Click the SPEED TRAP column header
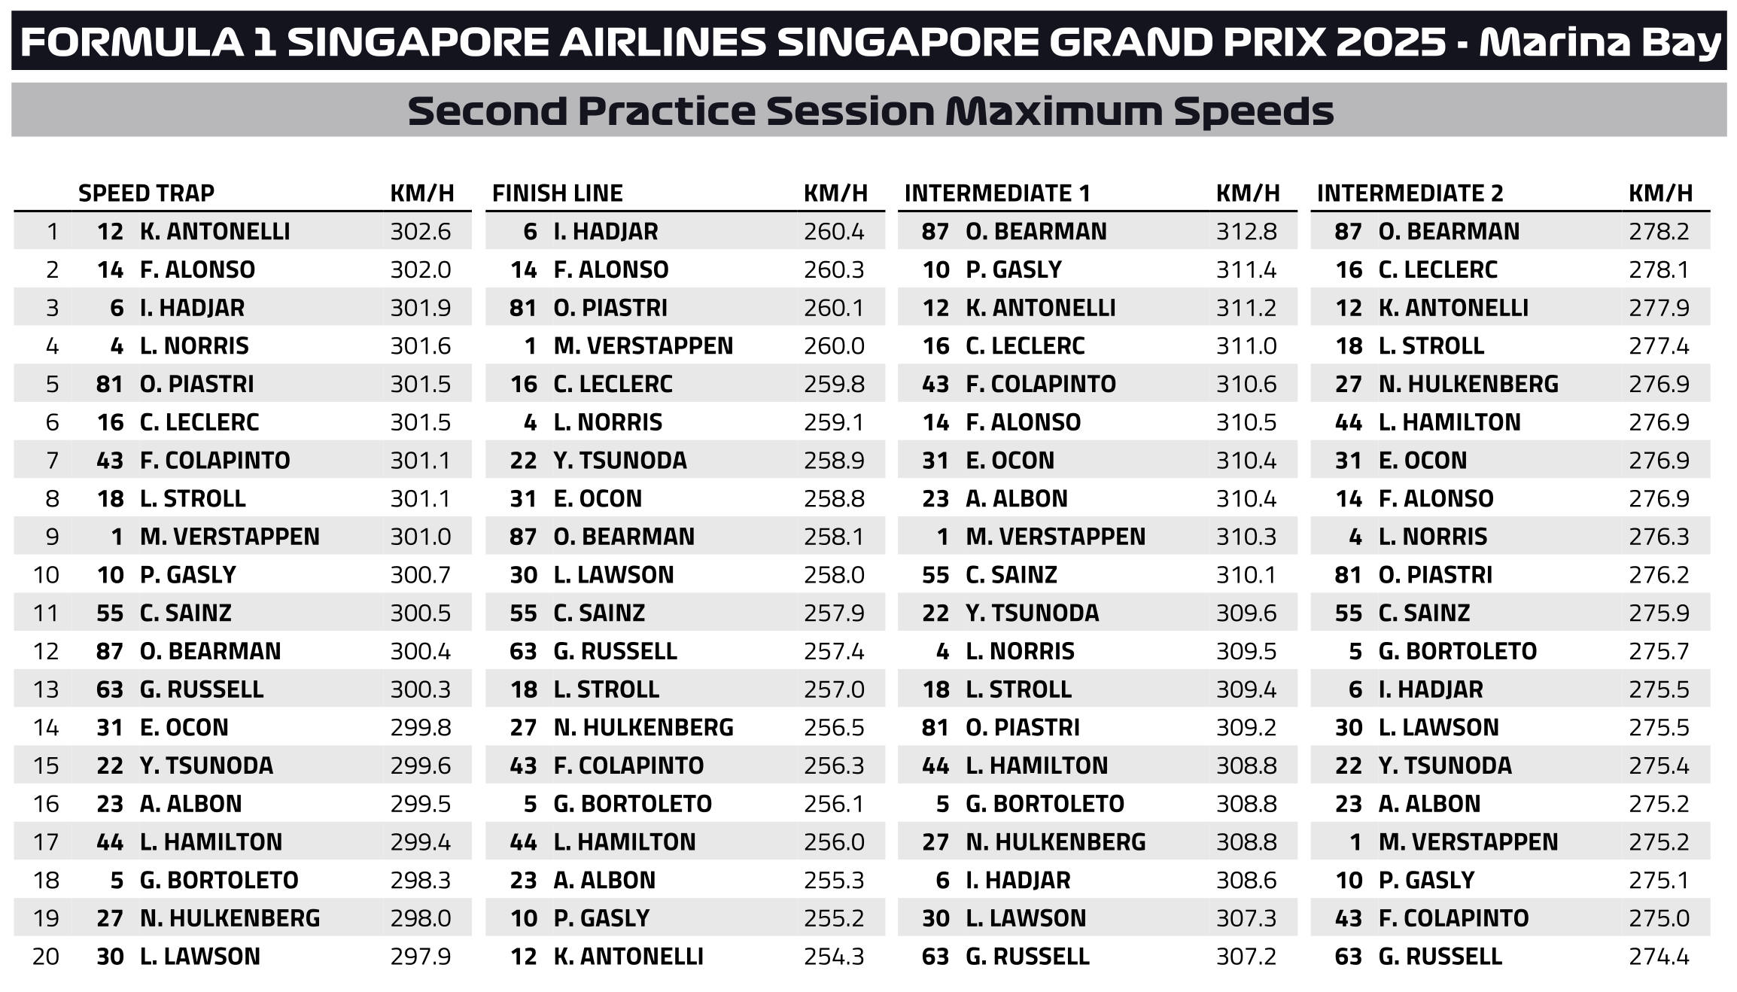coord(146,193)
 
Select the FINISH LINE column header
coord(557,193)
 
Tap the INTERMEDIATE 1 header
coord(997,193)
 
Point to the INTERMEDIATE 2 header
coord(1410,193)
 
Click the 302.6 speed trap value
coord(421,231)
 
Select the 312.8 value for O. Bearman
coord(1246,231)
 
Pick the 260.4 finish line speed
coord(834,231)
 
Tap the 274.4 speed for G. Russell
coord(1659,957)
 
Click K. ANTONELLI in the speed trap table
coord(214,231)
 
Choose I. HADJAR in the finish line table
coord(605,231)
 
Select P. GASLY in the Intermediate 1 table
coord(1013,269)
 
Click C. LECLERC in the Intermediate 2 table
coord(1437,269)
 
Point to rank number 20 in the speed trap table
coord(46,957)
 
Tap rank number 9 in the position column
coord(52,537)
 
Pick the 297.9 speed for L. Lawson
coord(421,957)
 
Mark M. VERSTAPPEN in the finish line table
coord(643,346)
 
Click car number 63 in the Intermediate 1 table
coord(935,957)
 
